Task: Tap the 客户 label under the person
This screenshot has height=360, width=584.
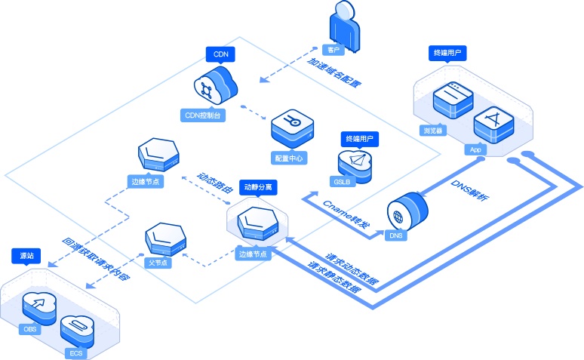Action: (333, 50)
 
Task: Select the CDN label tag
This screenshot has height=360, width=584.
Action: (220, 54)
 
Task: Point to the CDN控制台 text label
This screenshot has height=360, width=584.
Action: (202, 116)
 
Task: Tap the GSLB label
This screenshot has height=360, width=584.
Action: (340, 182)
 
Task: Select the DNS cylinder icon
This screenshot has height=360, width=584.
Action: (407, 210)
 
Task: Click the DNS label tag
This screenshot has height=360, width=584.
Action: (396, 236)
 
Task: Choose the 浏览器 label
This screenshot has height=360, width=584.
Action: (432, 131)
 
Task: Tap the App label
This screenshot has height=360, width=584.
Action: (475, 149)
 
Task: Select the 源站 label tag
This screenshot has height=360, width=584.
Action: (26, 256)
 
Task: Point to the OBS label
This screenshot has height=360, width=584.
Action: (30, 330)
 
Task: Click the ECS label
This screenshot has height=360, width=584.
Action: (76, 353)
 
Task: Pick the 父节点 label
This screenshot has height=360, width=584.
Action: (157, 263)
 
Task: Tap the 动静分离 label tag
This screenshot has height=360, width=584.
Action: (258, 186)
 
